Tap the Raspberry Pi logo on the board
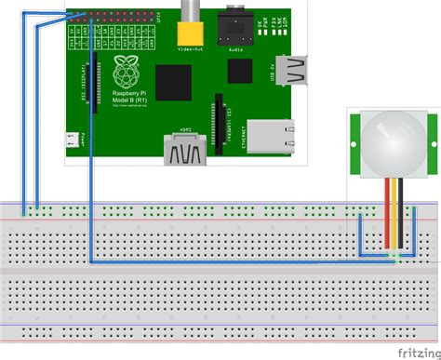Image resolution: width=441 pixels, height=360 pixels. click(123, 69)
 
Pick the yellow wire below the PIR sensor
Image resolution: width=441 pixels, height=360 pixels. click(393, 214)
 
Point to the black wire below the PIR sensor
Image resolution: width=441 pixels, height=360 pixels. click(402, 214)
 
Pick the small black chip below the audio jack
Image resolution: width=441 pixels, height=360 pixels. click(240, 73)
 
